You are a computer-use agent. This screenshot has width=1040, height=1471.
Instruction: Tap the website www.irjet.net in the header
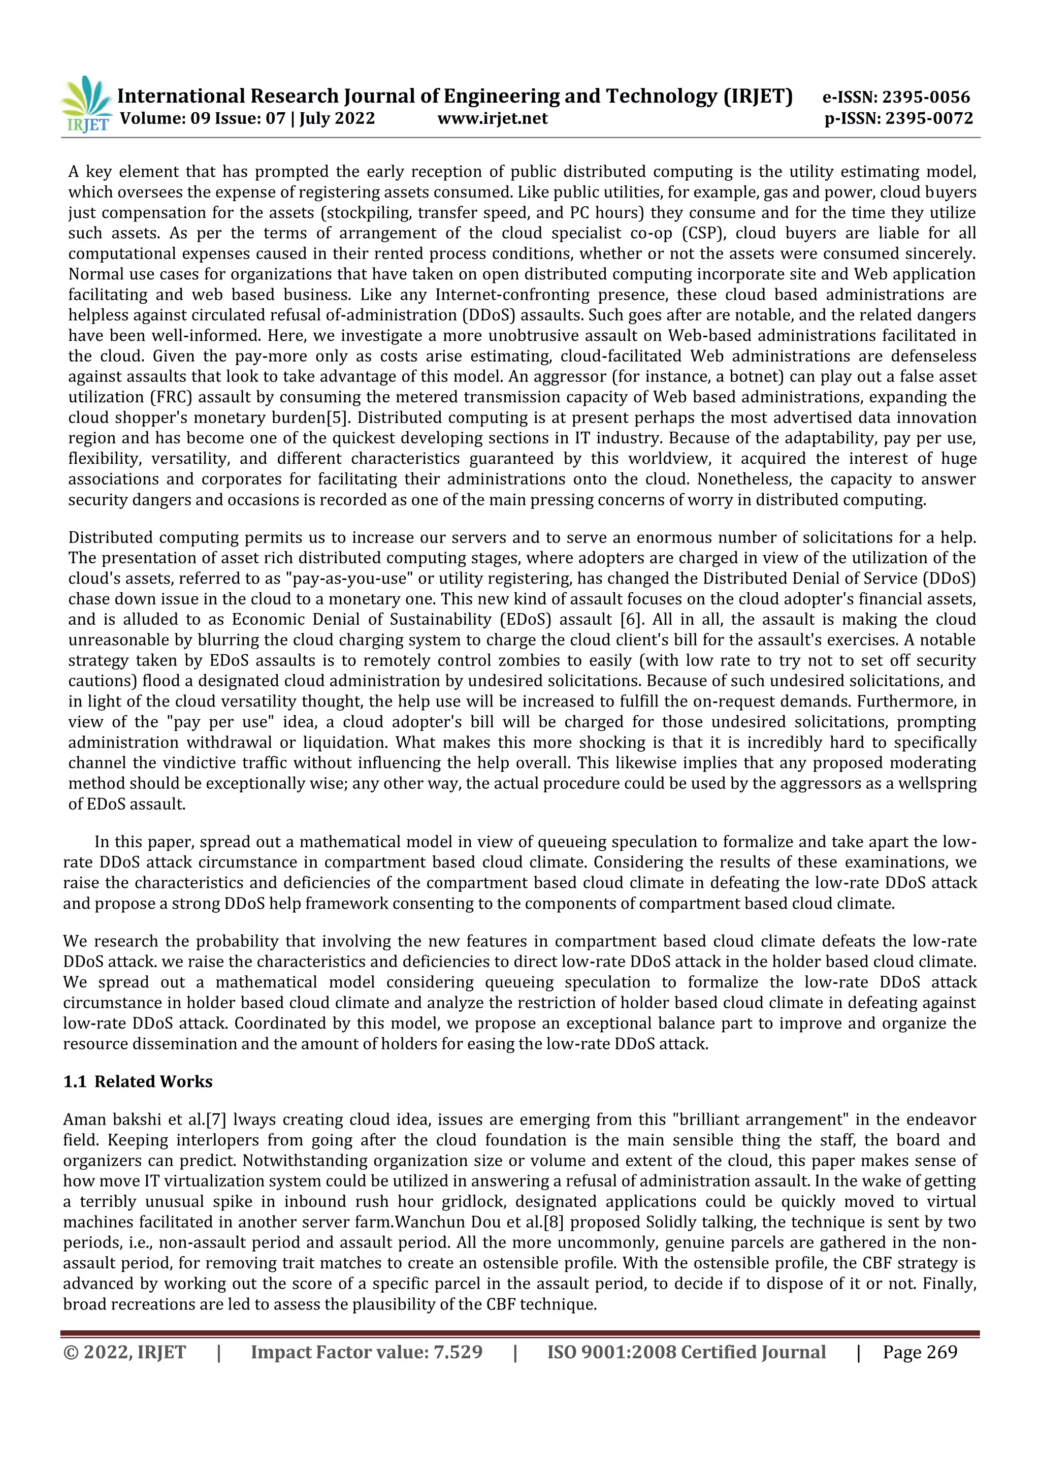493,118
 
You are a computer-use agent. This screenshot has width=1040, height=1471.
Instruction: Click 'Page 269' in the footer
920,1353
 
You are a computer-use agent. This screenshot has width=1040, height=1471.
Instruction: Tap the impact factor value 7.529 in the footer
458,1353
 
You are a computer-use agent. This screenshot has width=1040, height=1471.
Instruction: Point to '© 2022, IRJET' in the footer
125,1353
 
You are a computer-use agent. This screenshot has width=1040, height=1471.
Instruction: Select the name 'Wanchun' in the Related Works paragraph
427,1223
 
